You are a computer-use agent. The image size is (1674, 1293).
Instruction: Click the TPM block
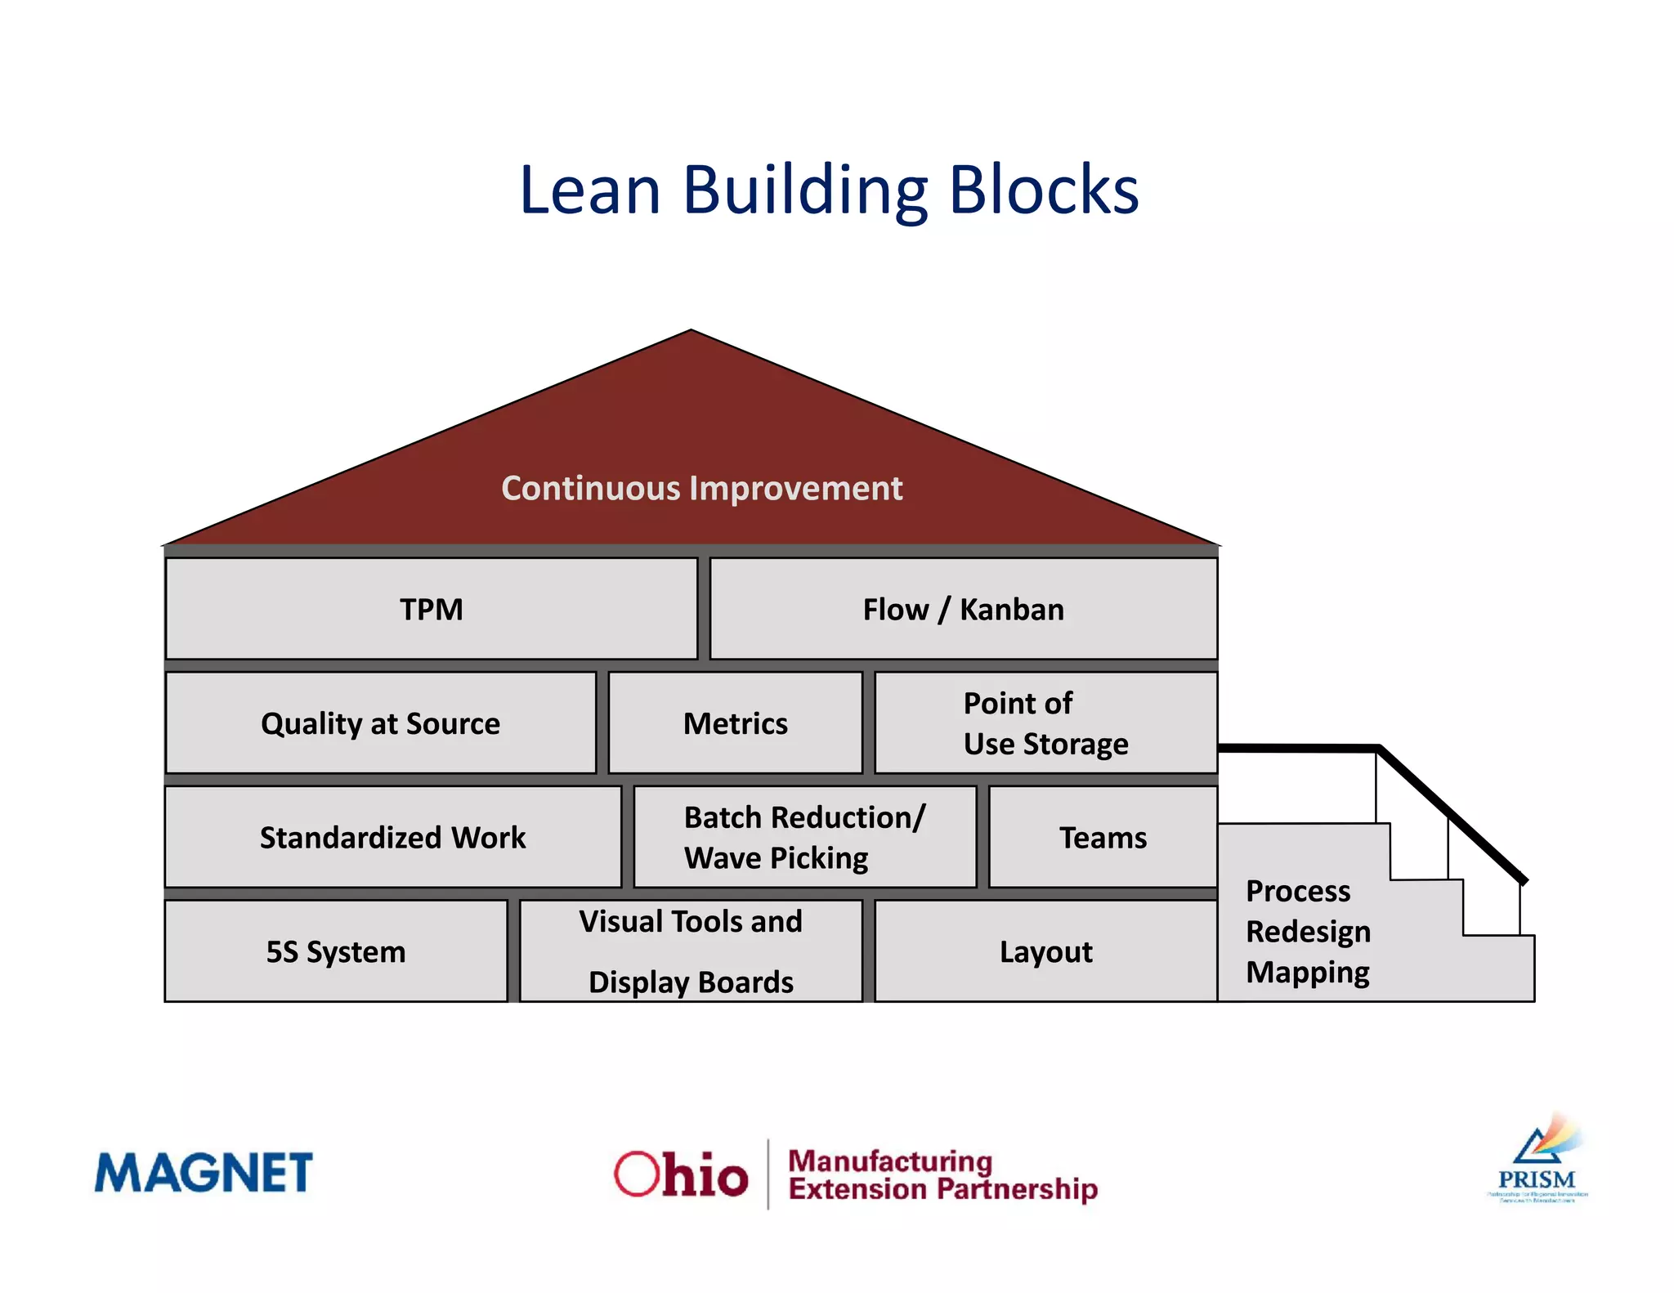point(431,609)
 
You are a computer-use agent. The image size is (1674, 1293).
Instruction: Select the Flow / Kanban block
point(963,609)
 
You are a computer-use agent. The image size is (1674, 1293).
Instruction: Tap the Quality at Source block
point(380,723)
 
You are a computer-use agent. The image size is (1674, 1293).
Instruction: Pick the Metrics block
point(735,723)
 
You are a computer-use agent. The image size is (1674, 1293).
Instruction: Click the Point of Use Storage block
point(1045,723)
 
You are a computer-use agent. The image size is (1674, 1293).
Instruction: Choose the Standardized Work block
point(392,837)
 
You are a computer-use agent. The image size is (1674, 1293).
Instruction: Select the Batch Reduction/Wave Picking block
point(804,837)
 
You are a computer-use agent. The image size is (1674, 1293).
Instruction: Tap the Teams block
point(1103,837)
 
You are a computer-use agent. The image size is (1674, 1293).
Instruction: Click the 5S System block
point(335,951)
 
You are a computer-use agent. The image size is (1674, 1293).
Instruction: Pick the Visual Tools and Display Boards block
point(691,951)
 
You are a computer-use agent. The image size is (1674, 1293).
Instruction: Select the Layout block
point(1045,951)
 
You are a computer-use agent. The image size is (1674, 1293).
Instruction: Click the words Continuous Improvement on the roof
point(701,488)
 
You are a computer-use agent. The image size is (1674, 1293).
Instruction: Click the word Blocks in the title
point(1044,190)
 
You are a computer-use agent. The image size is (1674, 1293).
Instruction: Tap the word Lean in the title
point(590,190)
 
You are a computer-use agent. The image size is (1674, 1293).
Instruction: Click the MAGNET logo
point(204,1172)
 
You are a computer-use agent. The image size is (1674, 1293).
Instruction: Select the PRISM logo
point(1537,1161)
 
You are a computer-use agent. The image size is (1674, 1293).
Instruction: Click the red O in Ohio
point(637,1174)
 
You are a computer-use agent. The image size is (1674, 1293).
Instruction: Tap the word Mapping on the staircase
point(1307,973)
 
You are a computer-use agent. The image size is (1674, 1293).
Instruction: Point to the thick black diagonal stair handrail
point(1451,814)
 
